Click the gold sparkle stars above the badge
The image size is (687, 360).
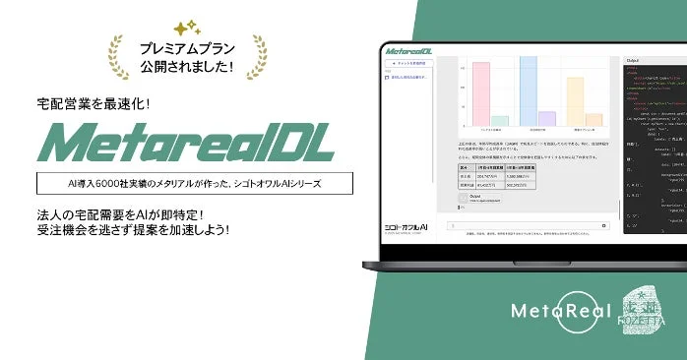185,29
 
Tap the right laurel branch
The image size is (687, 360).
258,56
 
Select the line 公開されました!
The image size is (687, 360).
187,68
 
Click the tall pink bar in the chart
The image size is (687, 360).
481,94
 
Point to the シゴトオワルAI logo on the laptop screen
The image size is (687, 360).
407,226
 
